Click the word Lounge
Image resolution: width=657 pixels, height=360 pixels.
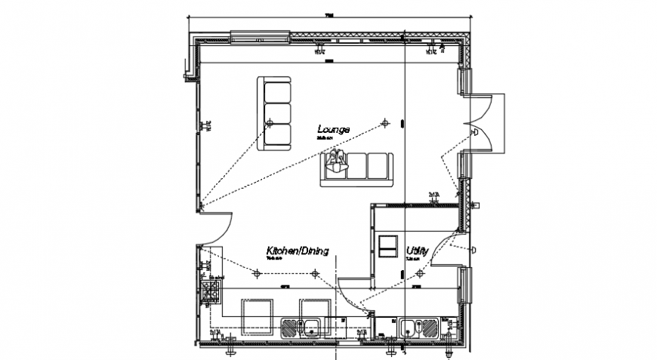tap(333, 130)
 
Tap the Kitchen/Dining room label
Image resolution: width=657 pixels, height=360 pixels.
tap(296, 251)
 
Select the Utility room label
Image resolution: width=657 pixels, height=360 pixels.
tap(418, 251)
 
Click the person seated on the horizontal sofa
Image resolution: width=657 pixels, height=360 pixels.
tap(336, 162)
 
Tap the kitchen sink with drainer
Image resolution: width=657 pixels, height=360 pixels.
tap(301, 328)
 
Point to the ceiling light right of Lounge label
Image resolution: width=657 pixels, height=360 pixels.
tap(385, 122)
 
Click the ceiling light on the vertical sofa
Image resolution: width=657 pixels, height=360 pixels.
tap(269, 122)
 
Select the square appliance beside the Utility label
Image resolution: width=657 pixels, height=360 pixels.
tap(387, 246)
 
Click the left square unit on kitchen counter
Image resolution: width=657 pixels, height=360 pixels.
tap(255, 313)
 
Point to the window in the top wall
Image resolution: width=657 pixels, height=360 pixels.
tap(260, 35)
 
